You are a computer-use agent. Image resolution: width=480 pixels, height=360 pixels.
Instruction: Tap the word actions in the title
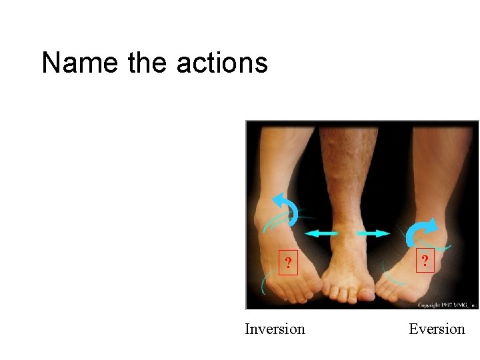click(222, 63)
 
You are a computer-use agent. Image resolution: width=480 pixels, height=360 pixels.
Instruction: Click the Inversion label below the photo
click(275, 329)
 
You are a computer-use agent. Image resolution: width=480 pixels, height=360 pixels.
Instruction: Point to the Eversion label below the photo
click(437, 329)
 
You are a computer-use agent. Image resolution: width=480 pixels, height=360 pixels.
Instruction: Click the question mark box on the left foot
click(287, 263)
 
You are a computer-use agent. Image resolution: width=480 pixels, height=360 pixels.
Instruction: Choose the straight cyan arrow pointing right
click(373, 233)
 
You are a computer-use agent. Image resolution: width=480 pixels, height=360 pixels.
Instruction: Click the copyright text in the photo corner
click(446, 305)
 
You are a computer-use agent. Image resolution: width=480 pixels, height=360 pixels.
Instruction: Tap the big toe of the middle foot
click(366, 292)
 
